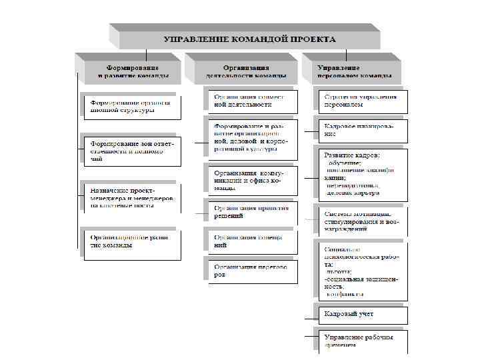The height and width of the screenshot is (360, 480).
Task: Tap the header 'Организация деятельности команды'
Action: (247, 70)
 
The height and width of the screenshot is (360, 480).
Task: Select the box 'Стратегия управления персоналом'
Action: (360, 101)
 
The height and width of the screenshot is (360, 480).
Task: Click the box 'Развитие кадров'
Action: (360, 173)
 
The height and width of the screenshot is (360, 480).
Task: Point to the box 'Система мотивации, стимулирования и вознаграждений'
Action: (360, 220)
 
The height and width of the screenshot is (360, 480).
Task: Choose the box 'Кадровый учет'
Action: (360, 314)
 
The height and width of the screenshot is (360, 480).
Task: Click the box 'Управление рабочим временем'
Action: (360, 340)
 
